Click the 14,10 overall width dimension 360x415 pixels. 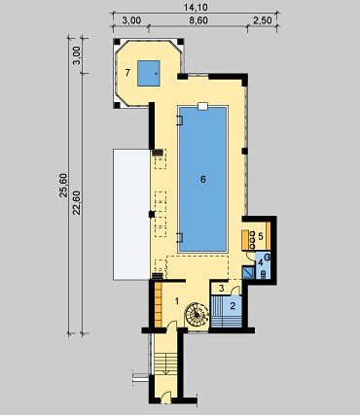(x=196, y=7)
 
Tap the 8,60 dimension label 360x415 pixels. (x=198, y=20)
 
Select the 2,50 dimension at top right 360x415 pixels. (x=262, y=20)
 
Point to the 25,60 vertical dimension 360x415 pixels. (x=63, y=186)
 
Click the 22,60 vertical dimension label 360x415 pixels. (x=77, y=203)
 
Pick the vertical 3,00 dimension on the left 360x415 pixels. (x=77, y=55)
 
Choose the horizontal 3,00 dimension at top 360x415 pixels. (x=131, y=20)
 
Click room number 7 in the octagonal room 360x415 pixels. (x=127, y=73)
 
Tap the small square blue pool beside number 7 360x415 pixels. (x=149, y=73)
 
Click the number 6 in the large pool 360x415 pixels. (x=203, y=179)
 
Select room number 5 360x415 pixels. (x=261, y=236)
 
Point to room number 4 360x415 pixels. (x=260, y=263)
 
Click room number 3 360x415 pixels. (x=222, y=288)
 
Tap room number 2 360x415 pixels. (x=233, y=305)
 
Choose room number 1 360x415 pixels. (x=177, y=301)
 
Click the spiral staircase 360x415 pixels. (x=197, y=314)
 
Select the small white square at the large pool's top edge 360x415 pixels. (x=202, y=106)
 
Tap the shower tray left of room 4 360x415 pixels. (x=249, y=272)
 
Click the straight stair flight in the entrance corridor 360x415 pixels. (x=165, y=364)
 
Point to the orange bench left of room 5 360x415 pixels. (x=245, y=240)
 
